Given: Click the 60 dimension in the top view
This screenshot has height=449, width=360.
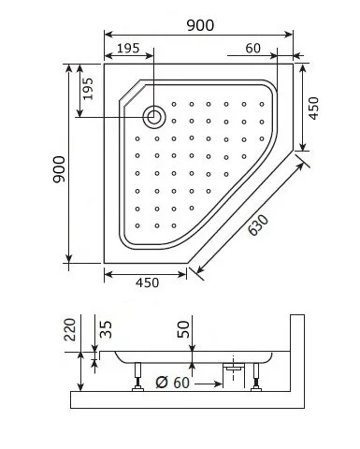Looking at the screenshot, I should (x=253, y=49).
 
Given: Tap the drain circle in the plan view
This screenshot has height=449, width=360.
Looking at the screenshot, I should (x=153, y=116).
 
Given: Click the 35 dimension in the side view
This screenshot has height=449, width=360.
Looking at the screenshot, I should (x=105, y=328).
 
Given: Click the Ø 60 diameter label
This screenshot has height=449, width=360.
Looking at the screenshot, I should (x=172, y=382).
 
